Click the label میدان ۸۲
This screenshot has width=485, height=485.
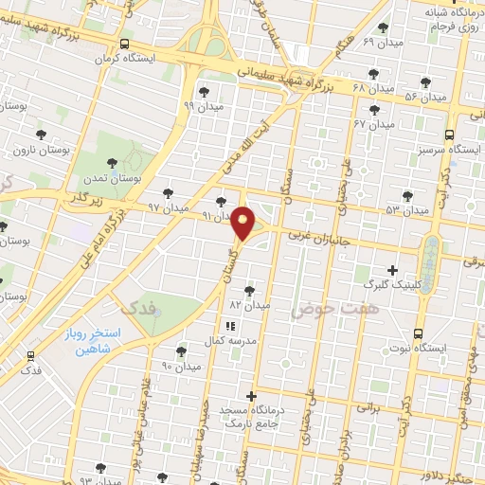click(250, 305)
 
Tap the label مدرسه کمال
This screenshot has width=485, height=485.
click(226, 340)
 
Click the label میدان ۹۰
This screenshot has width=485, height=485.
click(181, 366)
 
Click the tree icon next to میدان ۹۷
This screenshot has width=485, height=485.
click(169, 192)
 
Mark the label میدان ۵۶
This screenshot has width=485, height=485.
click(424, 97)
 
